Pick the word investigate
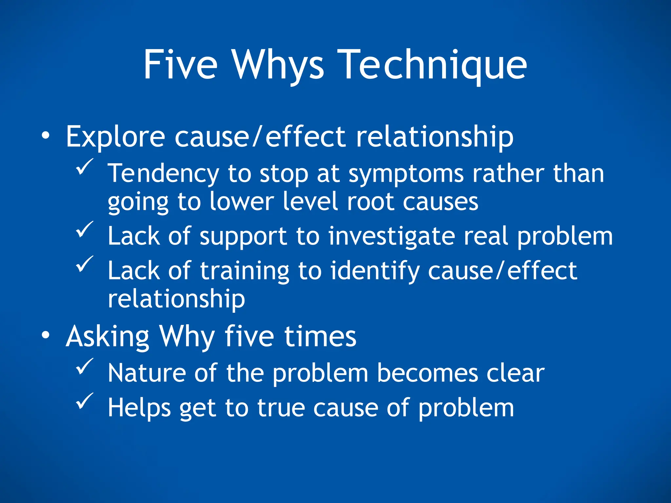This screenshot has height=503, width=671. (392, 236)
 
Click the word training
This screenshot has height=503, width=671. (244, 271)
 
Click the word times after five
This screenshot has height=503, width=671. (320, 337)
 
